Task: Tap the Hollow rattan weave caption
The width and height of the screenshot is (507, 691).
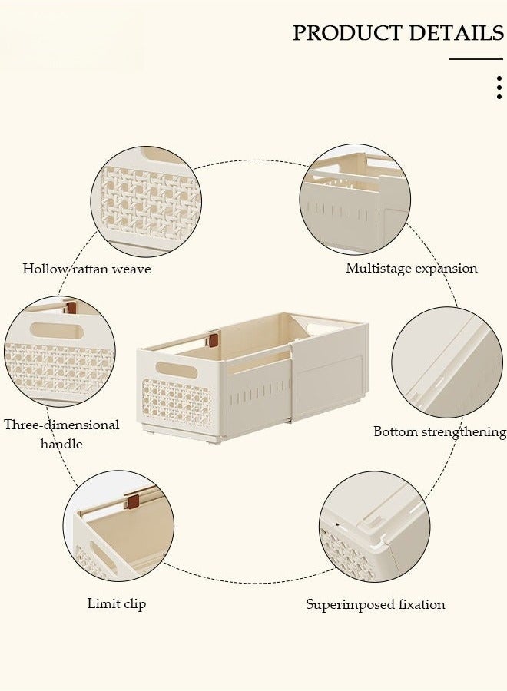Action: point(87,269)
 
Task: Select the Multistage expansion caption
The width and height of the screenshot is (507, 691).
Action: point(412,268)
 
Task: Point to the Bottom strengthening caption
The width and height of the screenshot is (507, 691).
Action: point(439,431)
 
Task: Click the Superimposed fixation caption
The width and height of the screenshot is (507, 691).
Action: point(376,604)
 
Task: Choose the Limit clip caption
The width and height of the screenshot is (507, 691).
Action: point(117,603)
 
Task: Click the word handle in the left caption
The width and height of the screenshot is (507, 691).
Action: point(61,444)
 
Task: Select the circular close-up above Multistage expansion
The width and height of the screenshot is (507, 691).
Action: point(355,198)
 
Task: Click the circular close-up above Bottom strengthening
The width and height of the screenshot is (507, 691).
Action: point(446,362)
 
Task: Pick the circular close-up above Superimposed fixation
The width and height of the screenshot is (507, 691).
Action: point(374,527)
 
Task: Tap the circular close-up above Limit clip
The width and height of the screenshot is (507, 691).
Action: point(118,526)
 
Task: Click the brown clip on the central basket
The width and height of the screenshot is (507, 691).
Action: point(214,339)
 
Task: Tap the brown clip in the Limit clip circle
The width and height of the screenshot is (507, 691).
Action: point(133,501)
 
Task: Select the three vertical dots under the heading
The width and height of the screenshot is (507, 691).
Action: point(499,88)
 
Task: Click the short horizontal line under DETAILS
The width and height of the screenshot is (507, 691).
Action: point(476,59)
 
